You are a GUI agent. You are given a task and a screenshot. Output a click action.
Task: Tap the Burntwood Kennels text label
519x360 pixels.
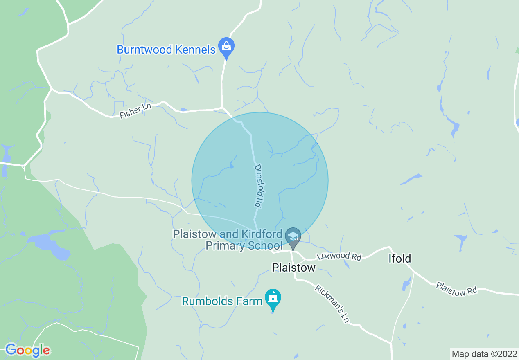coord(166,50)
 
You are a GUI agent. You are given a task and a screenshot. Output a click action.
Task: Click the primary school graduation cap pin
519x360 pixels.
coord(293,238)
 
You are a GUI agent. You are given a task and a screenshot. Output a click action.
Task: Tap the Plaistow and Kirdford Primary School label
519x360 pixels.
coord(228,240)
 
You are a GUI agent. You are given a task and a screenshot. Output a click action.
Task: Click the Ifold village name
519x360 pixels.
coord(399,259)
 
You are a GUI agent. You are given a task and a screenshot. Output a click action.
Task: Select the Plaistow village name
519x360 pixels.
coord(294,268)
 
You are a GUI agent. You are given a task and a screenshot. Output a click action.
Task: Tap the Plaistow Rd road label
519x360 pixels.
coord(456,288)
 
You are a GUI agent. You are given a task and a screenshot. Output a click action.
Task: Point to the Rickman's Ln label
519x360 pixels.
coord(332,304)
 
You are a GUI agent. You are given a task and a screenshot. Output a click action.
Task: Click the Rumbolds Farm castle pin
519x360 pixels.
coord(273,299)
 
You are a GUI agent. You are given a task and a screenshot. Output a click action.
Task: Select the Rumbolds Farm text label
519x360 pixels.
coord(222,301)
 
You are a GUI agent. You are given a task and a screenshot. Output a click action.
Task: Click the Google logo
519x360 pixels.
coord(27,350)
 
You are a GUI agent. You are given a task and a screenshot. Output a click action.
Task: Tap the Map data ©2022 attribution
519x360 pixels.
coord(485,353)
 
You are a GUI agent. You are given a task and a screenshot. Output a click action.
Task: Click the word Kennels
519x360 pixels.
coord(195,50)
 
